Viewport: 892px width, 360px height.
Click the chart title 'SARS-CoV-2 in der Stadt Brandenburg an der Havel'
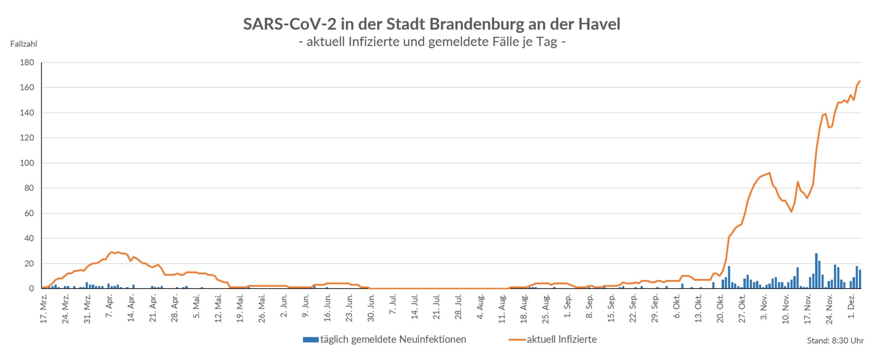tap(432, 24)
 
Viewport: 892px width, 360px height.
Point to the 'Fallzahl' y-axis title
tap(24, 44)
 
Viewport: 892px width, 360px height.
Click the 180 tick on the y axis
tap(27, 62)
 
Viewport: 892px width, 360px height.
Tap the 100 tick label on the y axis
tap(27, 163)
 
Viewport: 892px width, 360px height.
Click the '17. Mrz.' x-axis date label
tap(44, 308)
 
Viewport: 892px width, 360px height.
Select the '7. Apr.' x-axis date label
tap(109, 307)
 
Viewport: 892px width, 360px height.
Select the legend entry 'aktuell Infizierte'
tap(561, 339)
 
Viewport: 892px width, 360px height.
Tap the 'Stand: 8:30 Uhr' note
tap(835, 341)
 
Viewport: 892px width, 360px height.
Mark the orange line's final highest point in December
tap(859, 81)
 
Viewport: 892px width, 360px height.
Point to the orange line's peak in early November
tap(770, 173)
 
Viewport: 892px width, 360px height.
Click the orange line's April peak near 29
tap(112, 252)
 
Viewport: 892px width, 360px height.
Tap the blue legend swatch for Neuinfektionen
tap(311, 340)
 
